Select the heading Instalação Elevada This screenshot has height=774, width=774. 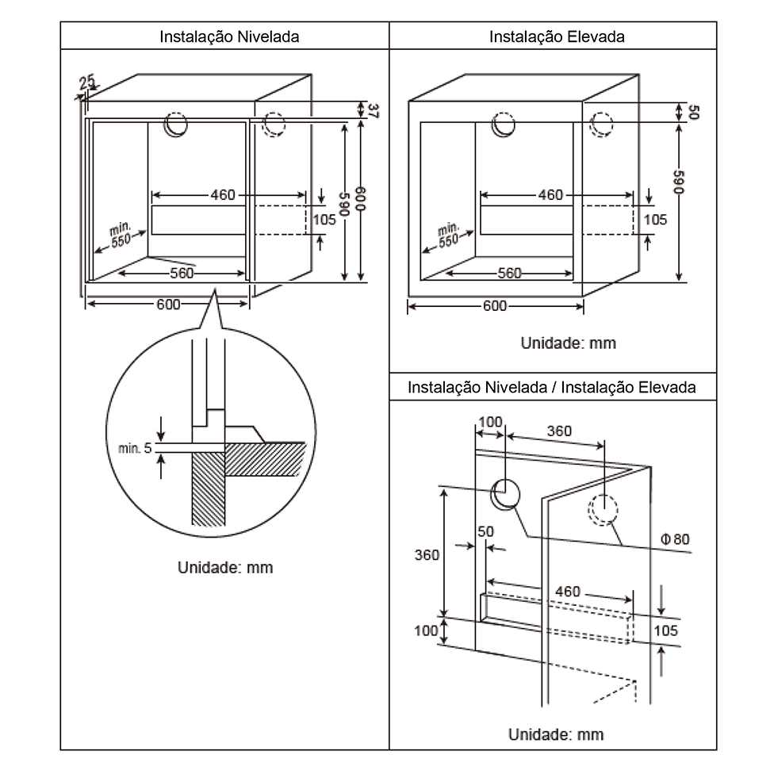tap(557, 36)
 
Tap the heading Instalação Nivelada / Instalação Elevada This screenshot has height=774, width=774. tap(552, 388)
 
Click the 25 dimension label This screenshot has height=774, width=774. tap(86, 81)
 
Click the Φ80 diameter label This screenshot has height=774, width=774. tap(674, 539)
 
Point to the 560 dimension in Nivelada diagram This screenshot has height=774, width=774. tap(182, 274)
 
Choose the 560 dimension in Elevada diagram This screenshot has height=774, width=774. tap(509, 274)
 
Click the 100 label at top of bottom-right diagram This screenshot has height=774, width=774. tap(491, 422)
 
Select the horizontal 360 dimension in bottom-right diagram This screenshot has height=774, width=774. tap(559, 431)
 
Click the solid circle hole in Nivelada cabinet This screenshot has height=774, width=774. tap(175, 125)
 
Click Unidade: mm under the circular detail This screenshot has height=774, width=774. tap(224, 568)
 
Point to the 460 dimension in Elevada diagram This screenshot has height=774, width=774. tap(550, 195)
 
